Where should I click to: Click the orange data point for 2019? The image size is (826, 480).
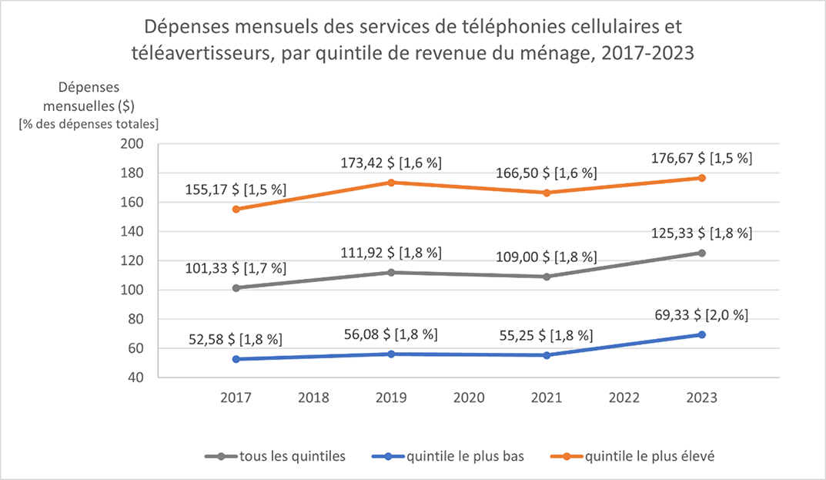coord(391,183)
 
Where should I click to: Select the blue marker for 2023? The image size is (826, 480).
coord(702,334)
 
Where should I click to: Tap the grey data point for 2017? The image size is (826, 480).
coord(236,288)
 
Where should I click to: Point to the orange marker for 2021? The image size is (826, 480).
coord(547,193)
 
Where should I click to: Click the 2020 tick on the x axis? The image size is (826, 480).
coord(469,398)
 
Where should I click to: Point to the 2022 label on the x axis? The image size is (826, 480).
coord(624,398)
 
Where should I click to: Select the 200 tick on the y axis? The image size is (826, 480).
coord(133,144)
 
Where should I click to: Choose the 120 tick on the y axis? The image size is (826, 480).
coord(133,260)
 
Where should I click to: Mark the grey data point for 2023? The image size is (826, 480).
coord(702,253)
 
